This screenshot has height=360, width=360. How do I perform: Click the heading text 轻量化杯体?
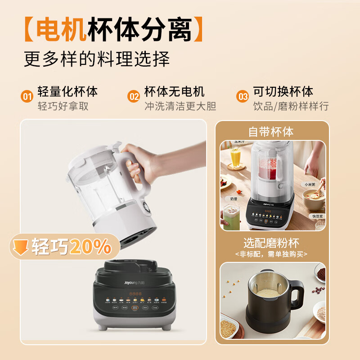[x=67, y=92]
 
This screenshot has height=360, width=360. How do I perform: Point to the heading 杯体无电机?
[x=174, y=92]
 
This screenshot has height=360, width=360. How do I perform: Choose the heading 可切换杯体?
[x=283, y=92]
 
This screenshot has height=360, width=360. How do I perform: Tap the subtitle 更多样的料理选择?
[x=97, y=58]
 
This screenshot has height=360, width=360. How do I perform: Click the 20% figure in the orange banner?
[x=90, y=247]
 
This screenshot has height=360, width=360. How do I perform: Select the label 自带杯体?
[x=271, y=132]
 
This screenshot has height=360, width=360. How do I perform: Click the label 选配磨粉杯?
[x=271, y=243]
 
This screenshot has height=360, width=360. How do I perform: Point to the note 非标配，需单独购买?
[x=271, y=254]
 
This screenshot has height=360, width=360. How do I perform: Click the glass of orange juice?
[x=236, y=157]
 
